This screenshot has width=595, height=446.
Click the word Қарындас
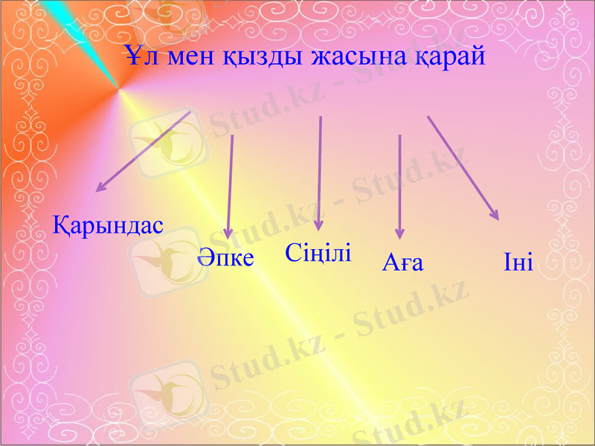tap(109, 224)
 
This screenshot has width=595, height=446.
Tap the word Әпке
tap(226, 258)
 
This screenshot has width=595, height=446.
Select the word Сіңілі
tap(318, 252)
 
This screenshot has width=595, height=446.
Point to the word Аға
tap(402, 262)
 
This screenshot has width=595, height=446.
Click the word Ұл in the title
tap(137, 56)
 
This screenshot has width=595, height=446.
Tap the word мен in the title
tap(184, 57)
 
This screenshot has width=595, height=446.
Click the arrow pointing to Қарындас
tap(144, 152)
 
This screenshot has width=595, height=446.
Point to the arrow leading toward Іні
tap(463, 167)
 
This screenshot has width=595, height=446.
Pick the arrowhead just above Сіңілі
tap(319, 224)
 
